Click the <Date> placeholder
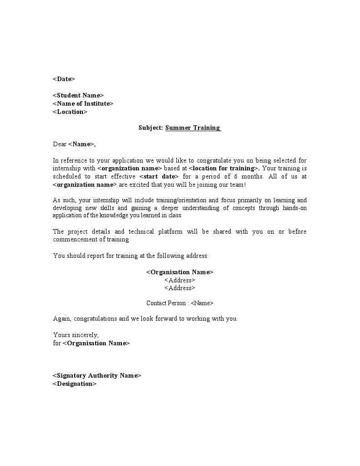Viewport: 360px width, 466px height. click(64, 79)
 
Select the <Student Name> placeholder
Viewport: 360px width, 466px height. click(78, 95)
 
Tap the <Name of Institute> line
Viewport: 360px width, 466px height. click(83, 103)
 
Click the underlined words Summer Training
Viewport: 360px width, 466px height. click(193, 128)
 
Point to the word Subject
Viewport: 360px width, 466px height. click(151, 128)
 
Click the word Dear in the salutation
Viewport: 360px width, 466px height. click(60, 144)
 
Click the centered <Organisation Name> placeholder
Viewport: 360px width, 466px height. click(179, 272)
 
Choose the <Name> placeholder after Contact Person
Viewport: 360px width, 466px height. click(202, 303)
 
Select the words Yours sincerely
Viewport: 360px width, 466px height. click(76, 335)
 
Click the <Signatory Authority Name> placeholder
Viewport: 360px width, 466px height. click(97, 376)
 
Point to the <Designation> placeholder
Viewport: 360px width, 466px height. click(75, 384)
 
